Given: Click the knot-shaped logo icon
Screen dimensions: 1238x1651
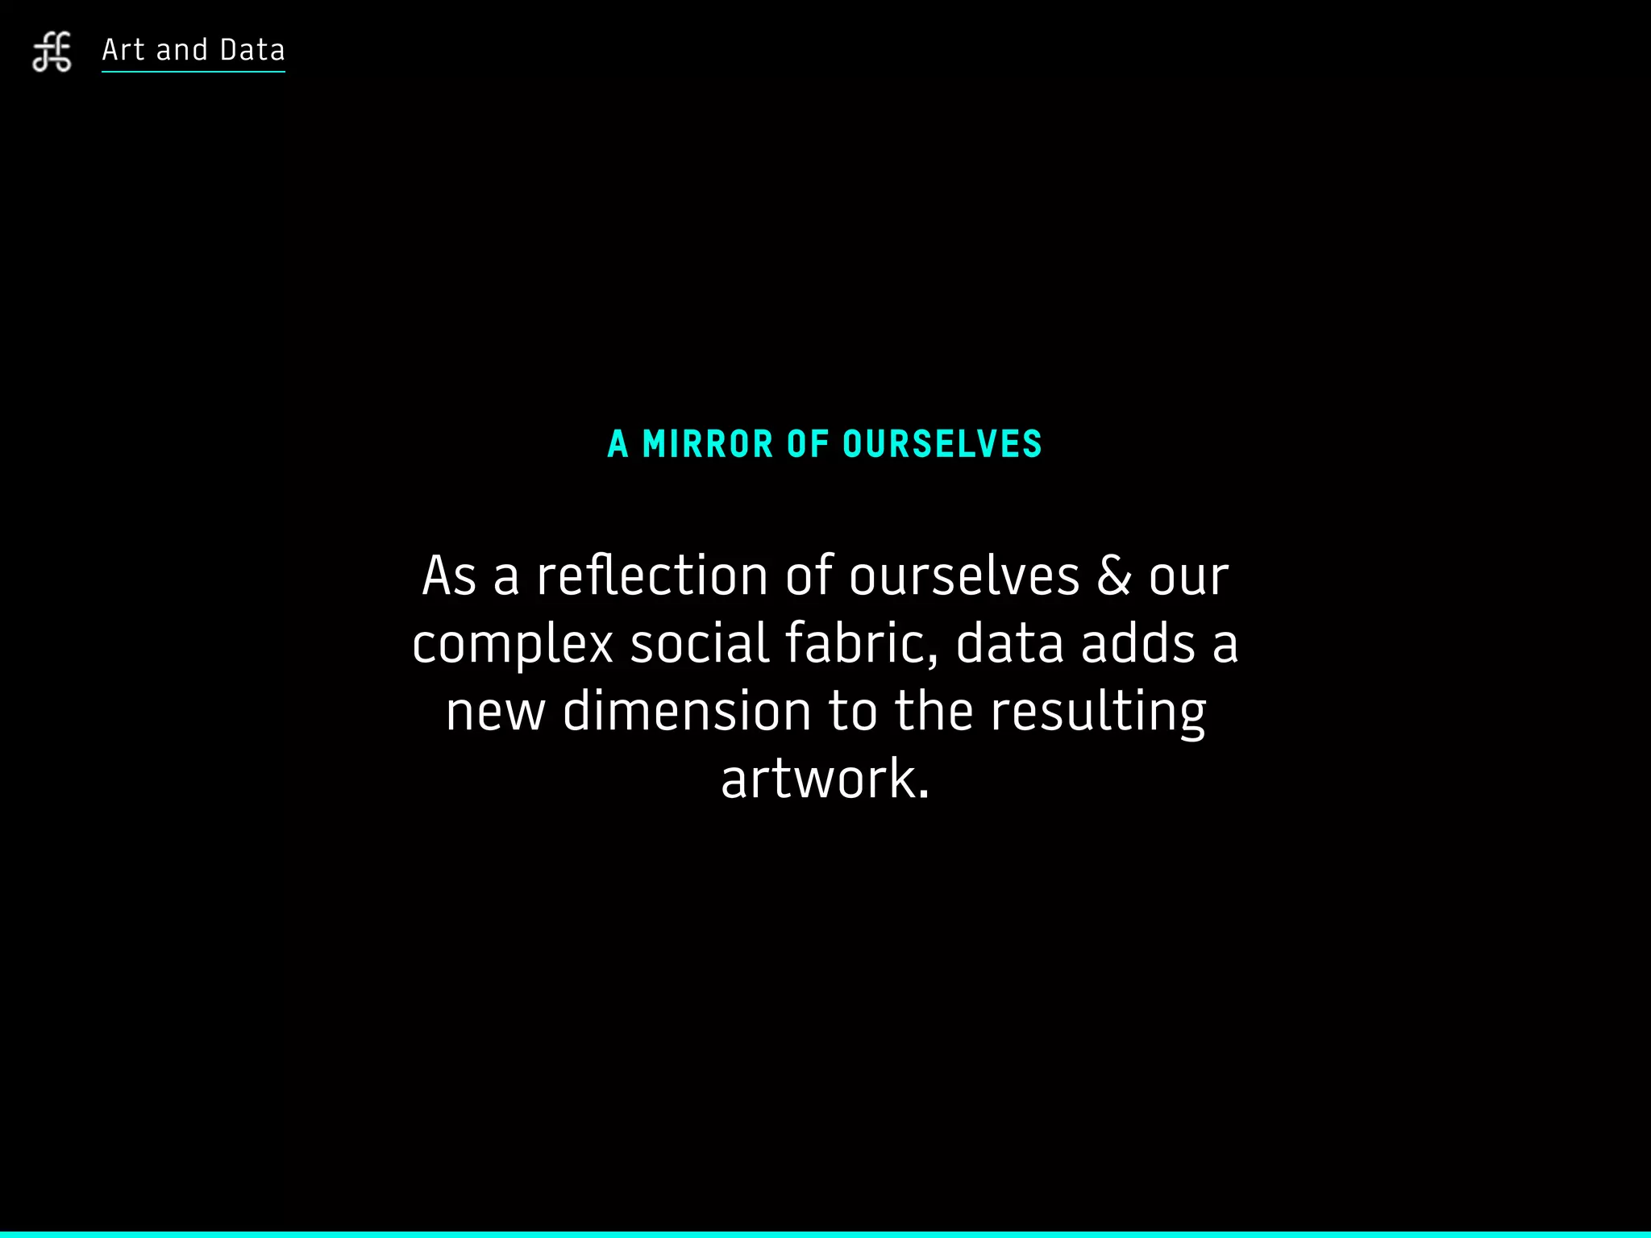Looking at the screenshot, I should [x=52, y=52].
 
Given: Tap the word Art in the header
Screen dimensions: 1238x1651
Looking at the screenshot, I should [x=123, y=50].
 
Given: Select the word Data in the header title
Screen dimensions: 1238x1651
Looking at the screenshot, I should [x=252, y=50].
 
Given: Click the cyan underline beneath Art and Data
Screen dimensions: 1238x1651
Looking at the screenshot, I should [x=193, y=72].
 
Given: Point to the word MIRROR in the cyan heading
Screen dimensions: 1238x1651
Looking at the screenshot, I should [x=708, y=445].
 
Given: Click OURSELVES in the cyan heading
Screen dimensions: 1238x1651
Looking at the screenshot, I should [x=942, y=445].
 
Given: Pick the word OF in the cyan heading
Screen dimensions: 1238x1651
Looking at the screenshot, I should [x=808, y=445].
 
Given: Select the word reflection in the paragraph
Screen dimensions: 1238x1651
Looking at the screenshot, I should [x=652, y=576].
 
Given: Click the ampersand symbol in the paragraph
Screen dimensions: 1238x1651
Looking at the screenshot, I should [x=1113, y=576].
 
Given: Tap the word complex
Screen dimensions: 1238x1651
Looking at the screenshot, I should [x=513, y=645].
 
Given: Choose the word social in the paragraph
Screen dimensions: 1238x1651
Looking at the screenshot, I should [x=699, y=644].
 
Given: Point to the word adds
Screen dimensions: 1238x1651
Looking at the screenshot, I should [x=1137, y=644].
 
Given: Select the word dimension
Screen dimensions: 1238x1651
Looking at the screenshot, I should [x=687, y=712].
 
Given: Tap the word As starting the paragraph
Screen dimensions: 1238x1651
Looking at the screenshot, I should [x=449, y=576].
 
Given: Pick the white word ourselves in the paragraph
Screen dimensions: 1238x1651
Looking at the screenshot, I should [x=964, y=576].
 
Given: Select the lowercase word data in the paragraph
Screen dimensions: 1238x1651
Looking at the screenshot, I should [x=1009, y=644].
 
